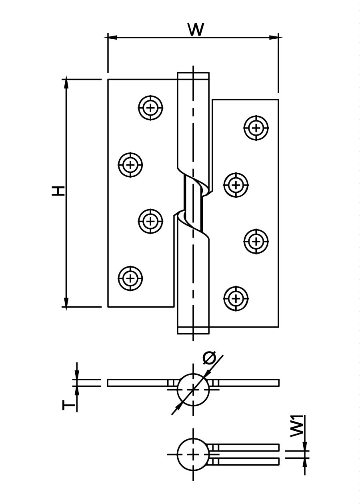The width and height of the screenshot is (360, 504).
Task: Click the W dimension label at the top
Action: pos(196,30)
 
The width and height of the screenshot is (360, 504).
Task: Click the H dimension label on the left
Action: pos(58,191)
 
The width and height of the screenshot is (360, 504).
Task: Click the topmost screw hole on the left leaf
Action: pos(150,108)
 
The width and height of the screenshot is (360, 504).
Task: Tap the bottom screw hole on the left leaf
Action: pos(130,278)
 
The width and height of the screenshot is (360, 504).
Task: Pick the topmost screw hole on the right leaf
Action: pos(256,128)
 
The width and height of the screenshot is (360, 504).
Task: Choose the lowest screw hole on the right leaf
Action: pos(236,298)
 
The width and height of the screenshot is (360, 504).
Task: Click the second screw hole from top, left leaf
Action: pos(130,165)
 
